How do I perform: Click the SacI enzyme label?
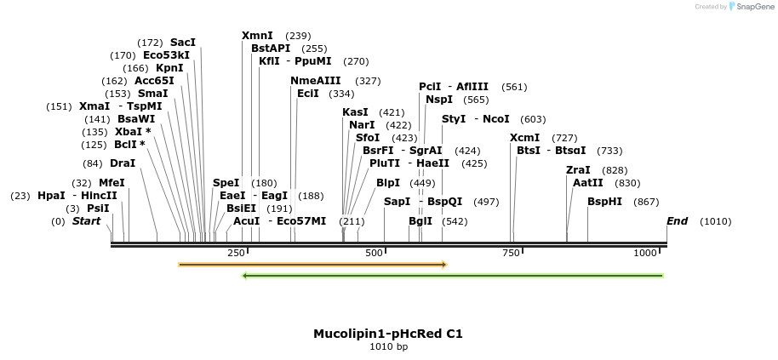pyautogui.click(x=183, y=43)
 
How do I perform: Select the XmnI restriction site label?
pyautogui.click(x=257, y=36)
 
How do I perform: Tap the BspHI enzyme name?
pyautogui.click(x=604, y=202)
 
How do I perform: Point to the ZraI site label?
pyautogui.click(x=578, y=170)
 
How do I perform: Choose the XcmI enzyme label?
pyautogui.click(x=524, y=138)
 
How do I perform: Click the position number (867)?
pyautogui.click(x=647, y=202)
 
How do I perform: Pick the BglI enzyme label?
pyautogui.click(x=420, y=221)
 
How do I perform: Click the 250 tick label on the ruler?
pyautogui.click(x=236, y=253)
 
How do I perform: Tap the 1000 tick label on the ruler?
pyautogui.click(x=646, y=253)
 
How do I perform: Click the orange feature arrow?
pyautogui.click(x=312, y=265)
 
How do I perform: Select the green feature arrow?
pyautogui.click(x=453, y=276)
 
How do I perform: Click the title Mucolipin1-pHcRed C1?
pyautogui.click(x=388, y=334)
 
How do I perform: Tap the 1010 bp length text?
pyautogui.click(x=388, y=346)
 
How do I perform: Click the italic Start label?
pyautogui.click(x=86, y=221)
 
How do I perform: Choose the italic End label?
pyautogui.click(x=677, y=221)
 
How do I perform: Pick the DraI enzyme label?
pyautogui.click(x=123, y=163)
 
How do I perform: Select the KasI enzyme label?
pyautogui.click(x=355, y=112)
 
